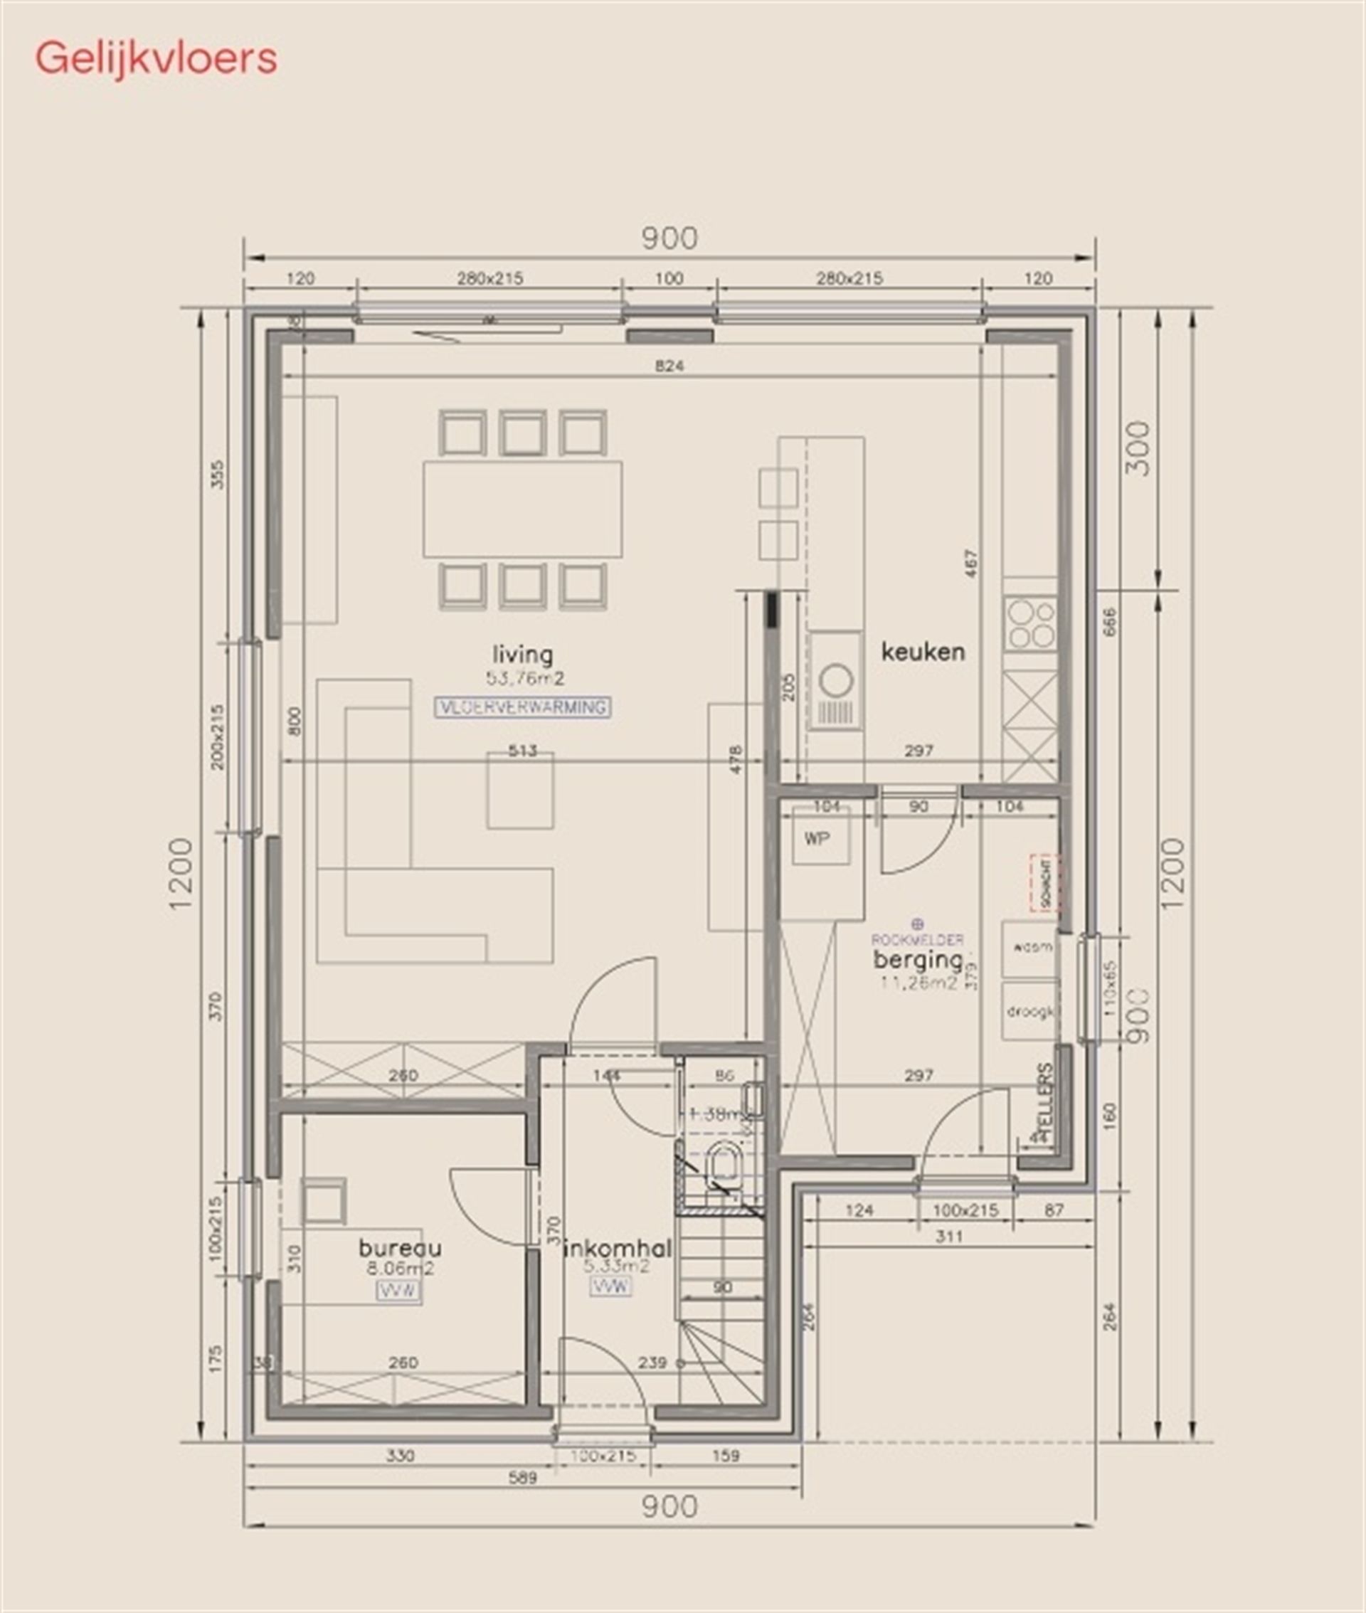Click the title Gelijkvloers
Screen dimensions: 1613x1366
point(156,58)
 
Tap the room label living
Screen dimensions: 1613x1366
point(524,655)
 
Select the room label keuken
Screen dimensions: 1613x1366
point(923,652)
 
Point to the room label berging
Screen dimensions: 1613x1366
point(918,961)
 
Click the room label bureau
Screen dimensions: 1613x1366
point(400,1247)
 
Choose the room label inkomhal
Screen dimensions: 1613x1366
point(620,1248)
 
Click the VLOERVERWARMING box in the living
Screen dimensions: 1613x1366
point(523,707)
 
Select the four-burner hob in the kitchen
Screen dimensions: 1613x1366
point(1031,624)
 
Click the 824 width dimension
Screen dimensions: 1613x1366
point(669,366)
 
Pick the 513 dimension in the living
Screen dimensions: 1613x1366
point(523,751)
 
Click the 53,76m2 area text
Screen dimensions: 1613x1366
point(525,678)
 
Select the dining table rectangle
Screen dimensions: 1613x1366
point(523,508)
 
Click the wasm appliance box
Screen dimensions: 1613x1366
point(1029,948)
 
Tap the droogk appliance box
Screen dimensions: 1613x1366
point(1029,1010)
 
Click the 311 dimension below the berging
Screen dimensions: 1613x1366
point(948,1237)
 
